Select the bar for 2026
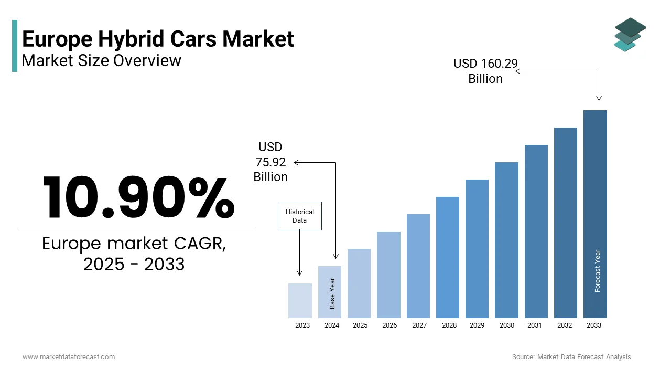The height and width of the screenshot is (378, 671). click(x=388, y=275)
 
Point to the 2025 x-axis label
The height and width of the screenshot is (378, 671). click(x=360, y=325)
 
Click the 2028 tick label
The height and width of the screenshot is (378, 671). click(x=449, y=325)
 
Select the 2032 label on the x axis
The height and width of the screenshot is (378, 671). click(x=565, y=325)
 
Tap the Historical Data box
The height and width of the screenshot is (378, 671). click(x=300, y=216)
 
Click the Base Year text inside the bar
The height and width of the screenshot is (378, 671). click(x=332, y=293)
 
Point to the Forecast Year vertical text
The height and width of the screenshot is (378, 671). click(x=598, y=271)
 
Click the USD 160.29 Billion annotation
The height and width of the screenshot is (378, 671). click(x=485, y=71)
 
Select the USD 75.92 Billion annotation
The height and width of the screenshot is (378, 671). click(x=270, y=162)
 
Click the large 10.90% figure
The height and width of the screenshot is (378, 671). click(x=138, y=198)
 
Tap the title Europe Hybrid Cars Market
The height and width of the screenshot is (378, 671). click(x=158, y=39)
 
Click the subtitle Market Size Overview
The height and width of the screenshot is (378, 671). click(x=101, y=61)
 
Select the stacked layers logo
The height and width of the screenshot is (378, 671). click(x=630, y=35)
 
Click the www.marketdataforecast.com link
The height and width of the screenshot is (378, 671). click(x=69, y=357)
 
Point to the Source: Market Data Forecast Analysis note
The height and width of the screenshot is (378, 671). click(x=571, y=357)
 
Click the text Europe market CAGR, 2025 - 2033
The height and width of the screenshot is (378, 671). click(x=134, y=254)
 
